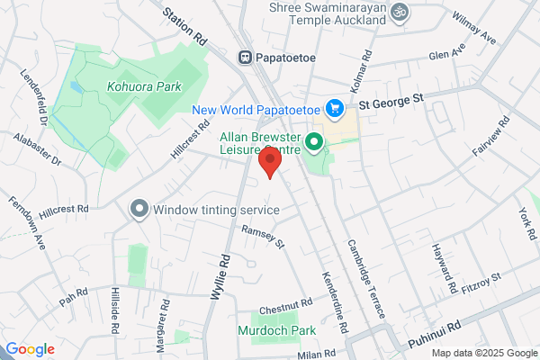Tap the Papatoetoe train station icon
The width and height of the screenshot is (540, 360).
click(x=245, y=57)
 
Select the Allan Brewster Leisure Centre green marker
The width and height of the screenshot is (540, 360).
click(x=314, y=140)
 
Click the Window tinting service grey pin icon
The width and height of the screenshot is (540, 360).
click(x=139, y=210)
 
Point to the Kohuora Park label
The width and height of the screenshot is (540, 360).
click(x=144, y=87)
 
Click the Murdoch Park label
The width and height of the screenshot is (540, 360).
click(x=277, y=330)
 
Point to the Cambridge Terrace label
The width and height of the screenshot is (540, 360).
click(x=367, y=280)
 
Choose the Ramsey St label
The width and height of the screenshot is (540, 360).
click(x=262, y=238)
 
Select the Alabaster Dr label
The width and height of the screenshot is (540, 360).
click(x=38, y=149)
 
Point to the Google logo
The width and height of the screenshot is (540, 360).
click(x=30, y=349)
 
